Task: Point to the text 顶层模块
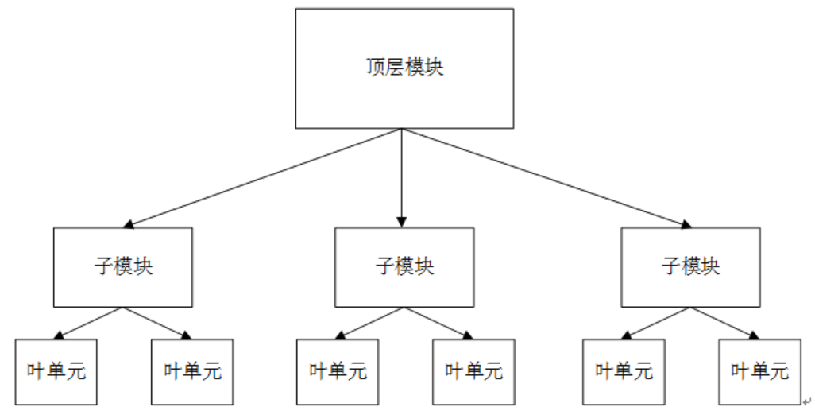coord(405,68)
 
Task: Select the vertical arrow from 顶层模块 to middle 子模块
coord(402,175)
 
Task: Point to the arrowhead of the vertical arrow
coord(402,221)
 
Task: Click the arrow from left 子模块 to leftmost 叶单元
coord(89,323)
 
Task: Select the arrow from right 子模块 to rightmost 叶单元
coord(724,323)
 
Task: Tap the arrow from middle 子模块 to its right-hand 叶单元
coord(438,323)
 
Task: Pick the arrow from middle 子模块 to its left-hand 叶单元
coord(369,323)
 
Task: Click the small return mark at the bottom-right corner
coord(806,401)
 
